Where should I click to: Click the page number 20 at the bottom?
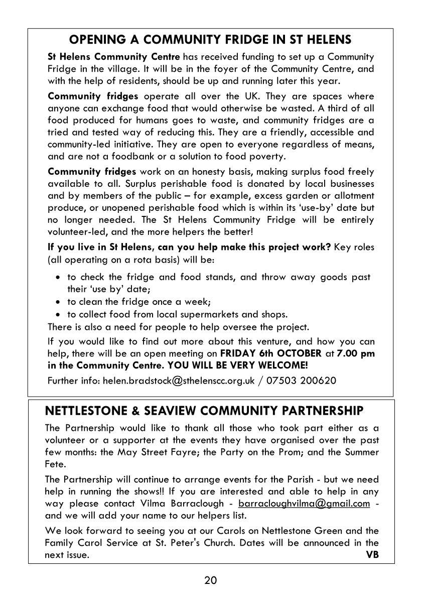pyautogui.click(x=210, y=581)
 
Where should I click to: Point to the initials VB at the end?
pyautogui.click(x=372, y=555)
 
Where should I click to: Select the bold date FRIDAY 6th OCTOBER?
pyautogui.click(x=271, y=353)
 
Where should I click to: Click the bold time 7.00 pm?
pyautogui.click(x=356, y=353)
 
